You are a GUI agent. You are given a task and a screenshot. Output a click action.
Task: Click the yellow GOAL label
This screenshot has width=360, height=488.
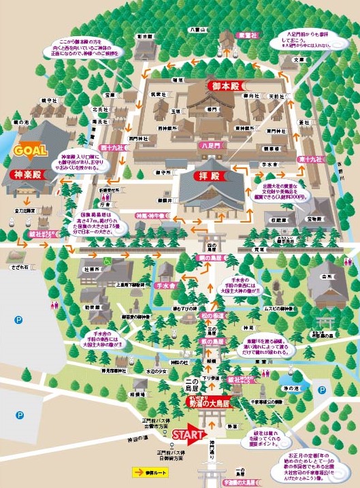click(x=28, y=151)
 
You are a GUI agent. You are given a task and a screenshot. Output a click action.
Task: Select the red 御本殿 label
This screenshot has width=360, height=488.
click(x=224, y=87)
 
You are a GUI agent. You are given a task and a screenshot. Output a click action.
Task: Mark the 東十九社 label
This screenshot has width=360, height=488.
click(x=310, y=159)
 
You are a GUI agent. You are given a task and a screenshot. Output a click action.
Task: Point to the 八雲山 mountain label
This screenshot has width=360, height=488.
click(x=197, y=29)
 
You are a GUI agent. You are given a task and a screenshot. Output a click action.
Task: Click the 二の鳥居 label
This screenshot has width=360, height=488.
click(x=174, y=384)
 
